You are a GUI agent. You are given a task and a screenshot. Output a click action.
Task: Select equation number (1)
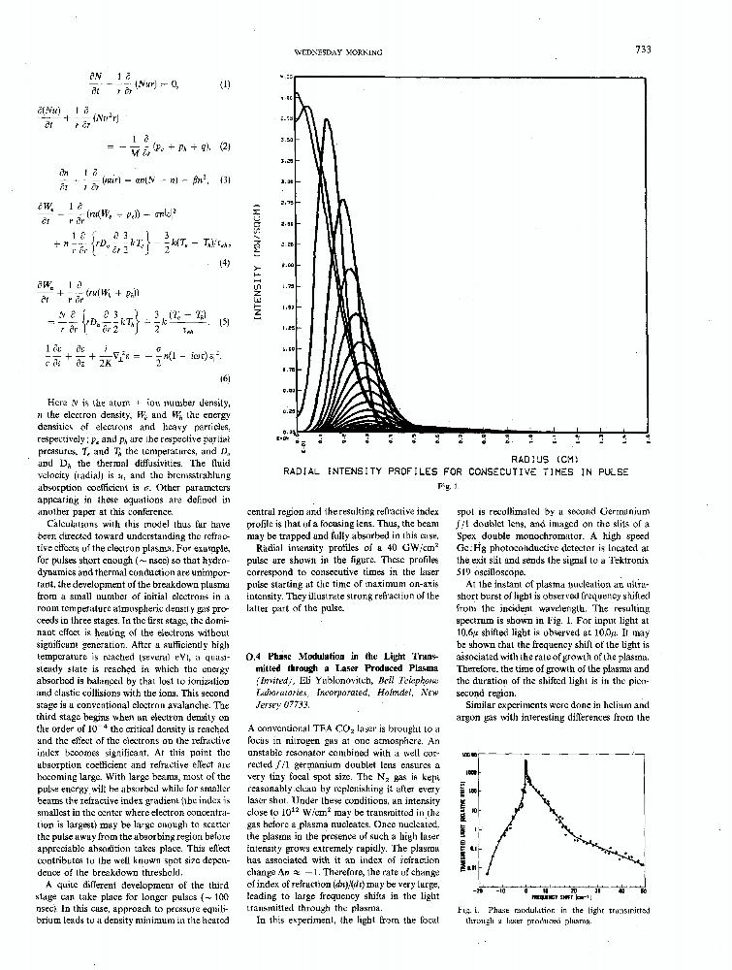tap(224, 83)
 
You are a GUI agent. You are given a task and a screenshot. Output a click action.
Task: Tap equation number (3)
tap(224, 180)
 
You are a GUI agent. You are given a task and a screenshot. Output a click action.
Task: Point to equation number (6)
tap(224, 377)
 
